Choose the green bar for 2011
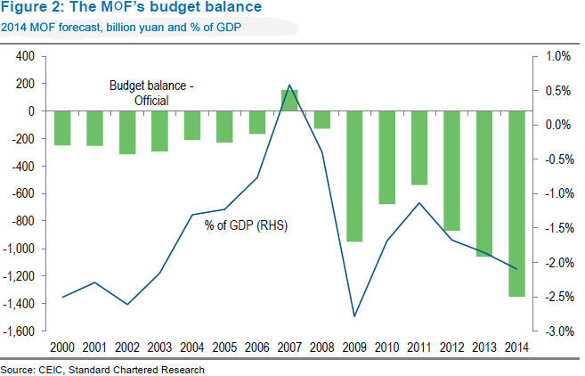[419, 148]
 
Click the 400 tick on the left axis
[24, 56]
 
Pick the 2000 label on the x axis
[62, 347]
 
